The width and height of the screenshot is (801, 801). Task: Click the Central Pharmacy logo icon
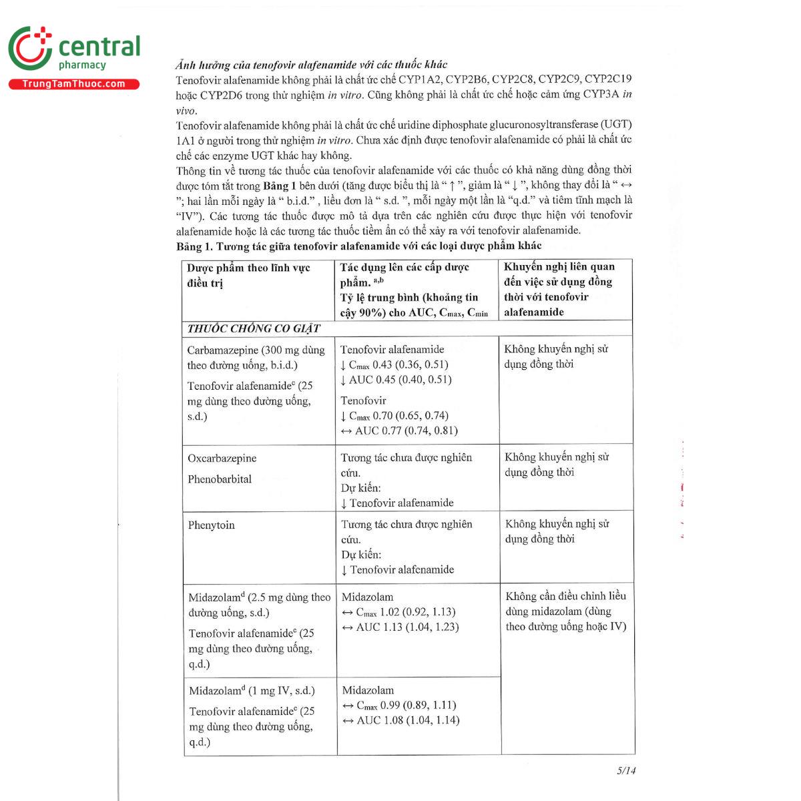[30, 51]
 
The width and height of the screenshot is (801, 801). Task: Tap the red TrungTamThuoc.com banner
[73, 84]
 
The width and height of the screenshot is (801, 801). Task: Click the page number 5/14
[626, 770]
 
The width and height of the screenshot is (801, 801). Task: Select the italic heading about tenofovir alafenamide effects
[311, 65]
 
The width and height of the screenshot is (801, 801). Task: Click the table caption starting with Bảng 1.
[359, 246]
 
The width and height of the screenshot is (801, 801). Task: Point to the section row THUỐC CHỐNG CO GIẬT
[254, 328]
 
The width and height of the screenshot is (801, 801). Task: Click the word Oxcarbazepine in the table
[222, 459]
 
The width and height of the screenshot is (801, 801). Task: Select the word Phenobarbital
[220, 479]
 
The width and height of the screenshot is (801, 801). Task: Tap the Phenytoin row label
[212, 525]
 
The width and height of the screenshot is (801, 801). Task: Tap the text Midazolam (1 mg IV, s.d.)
[252, 691]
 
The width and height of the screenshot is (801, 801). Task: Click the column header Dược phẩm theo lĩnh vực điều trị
[248, 275]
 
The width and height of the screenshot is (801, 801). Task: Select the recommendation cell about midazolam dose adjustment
[565, 611]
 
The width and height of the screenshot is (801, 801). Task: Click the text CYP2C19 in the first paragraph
[608, 79]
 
